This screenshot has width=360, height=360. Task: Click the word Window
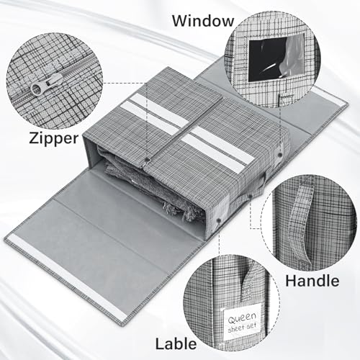pyautogui.click(x=203, y=21)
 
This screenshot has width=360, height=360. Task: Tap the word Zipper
pyautogui.click(x=54, y=138)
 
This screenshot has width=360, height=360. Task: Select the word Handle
pyautogui.click(x=312, y=281)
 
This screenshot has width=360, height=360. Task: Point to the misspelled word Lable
pyautogui.click(x=176, y=343)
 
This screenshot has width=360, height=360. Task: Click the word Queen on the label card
pyautogui.click(x=242, y=318)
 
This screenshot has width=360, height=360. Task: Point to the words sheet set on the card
pyautogui.click(x=242, y=328)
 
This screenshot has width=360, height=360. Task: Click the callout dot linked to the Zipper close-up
pyautogui.click(x=146, y=159)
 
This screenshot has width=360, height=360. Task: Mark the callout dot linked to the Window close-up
pyautogui.click(x=280, y=155)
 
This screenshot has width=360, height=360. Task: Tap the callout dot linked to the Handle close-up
pyautogui.click(x=250, y=197)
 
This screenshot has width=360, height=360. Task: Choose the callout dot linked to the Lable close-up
pyautogui.click(x=219, y=220)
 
